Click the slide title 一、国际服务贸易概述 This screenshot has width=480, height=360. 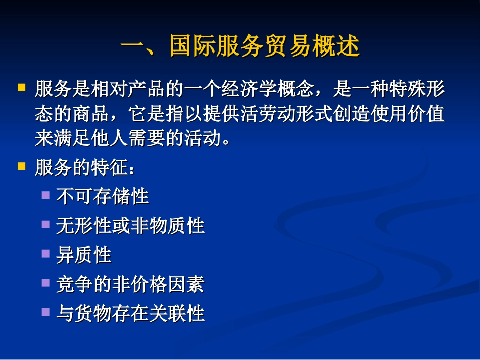coord(240,46)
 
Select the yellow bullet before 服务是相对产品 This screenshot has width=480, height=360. coord(21,87)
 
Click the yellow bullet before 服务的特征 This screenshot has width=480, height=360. coord(21,165)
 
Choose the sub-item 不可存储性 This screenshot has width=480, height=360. coord(103,196)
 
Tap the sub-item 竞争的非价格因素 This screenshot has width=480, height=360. coord(130,284)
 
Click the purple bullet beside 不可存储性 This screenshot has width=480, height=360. coord(46,194)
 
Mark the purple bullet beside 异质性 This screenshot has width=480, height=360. coord(46,253)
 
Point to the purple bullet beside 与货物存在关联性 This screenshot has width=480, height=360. coord(46,312)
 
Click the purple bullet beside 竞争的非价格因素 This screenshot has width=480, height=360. coord(46,282)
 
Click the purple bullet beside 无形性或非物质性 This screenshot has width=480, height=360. coord(46,224)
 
